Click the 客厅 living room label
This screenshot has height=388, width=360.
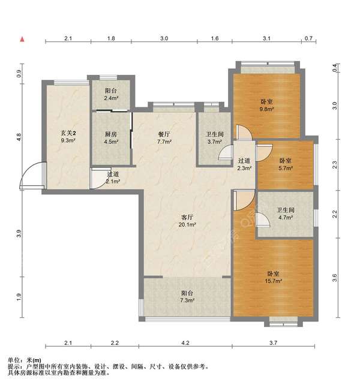[187, 217]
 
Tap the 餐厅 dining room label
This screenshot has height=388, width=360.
[164, 134]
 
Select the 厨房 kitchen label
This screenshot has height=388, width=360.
[110, 134]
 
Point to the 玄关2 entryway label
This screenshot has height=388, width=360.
[68, 133]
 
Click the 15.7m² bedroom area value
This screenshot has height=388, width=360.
[274, 281]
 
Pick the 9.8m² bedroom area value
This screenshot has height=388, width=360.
[266, 109]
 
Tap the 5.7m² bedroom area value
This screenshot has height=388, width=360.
[286, 169]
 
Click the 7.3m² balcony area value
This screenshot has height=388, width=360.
[187, 300]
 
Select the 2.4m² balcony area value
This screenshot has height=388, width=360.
[111, 98]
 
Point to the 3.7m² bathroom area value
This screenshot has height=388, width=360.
[214, 142]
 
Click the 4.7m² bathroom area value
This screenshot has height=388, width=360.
[286, 218]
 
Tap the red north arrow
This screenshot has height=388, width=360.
[22, 39]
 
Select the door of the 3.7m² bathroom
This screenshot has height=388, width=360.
[226, 152]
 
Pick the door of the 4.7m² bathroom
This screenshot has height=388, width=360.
[262, 219]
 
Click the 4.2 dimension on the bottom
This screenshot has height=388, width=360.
[185, 343]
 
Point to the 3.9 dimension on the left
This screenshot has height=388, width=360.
[19, 234]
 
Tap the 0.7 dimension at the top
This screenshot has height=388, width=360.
[308, 38]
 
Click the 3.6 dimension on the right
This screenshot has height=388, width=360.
[334, 278]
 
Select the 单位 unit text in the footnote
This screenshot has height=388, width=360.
[13, 360]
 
